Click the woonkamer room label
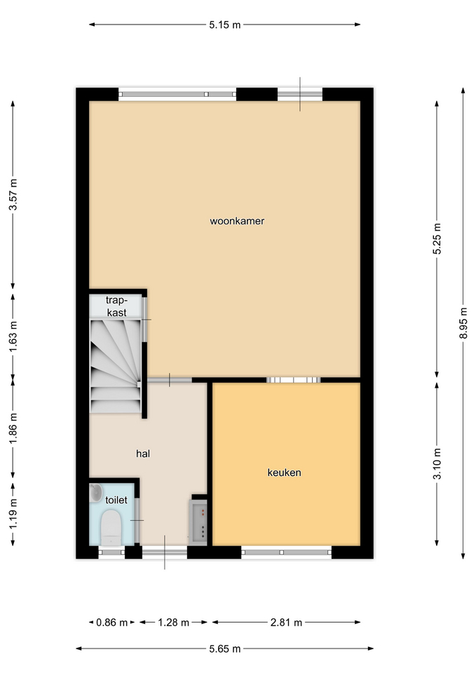coord(237,221)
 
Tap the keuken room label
coord(284,473)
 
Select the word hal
coord(143,454)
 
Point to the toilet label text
coord(116,500)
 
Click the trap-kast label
coord(117,306)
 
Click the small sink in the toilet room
coord(96,492)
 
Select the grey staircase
coord(116,366)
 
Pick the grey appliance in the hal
coord(198,522)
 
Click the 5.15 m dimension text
coord(225,25)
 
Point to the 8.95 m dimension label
coord(463,322)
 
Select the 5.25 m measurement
coord(437,238)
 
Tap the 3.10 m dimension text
coord(437,463)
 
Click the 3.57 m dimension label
coord(13,194)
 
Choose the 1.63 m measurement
coord(13,336)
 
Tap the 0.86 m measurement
coord(111,623)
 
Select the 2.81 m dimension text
coord(286,623)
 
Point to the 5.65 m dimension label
coord(225,648)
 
